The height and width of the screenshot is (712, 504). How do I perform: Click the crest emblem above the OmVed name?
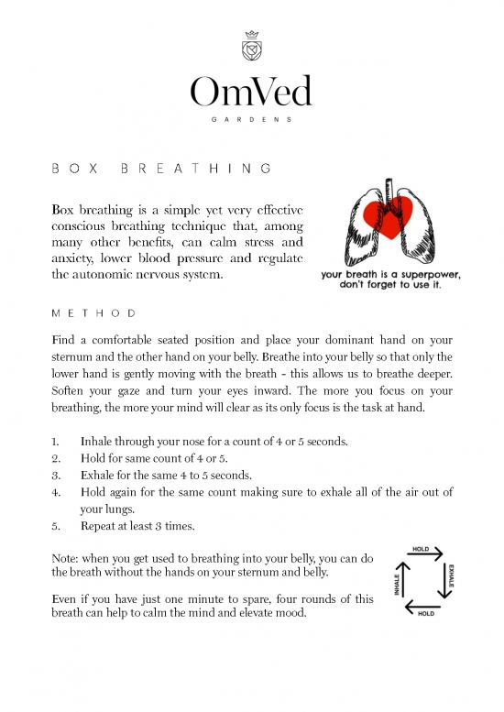pos(251,45)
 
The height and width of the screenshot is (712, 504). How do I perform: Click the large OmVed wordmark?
pos(251,93)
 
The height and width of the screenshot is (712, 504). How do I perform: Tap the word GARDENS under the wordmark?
pos(251,119)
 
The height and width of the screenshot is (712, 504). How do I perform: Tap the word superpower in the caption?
pos(431,273)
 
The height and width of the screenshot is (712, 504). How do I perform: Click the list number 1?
pos(54,441)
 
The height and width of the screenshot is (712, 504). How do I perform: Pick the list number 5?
pos(54,528)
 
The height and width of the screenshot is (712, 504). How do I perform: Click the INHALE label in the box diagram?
pos(396,583)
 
